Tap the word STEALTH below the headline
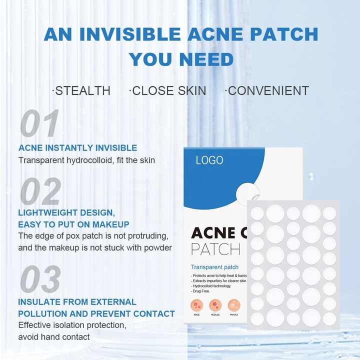pos(82,90)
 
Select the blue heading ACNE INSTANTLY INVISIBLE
pos(77,148)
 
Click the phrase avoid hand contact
pos(54,337)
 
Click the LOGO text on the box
pos(209,160)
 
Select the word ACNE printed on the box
pos(213,233)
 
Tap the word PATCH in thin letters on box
pos(215,248)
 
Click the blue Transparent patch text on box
pos(214,267)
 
